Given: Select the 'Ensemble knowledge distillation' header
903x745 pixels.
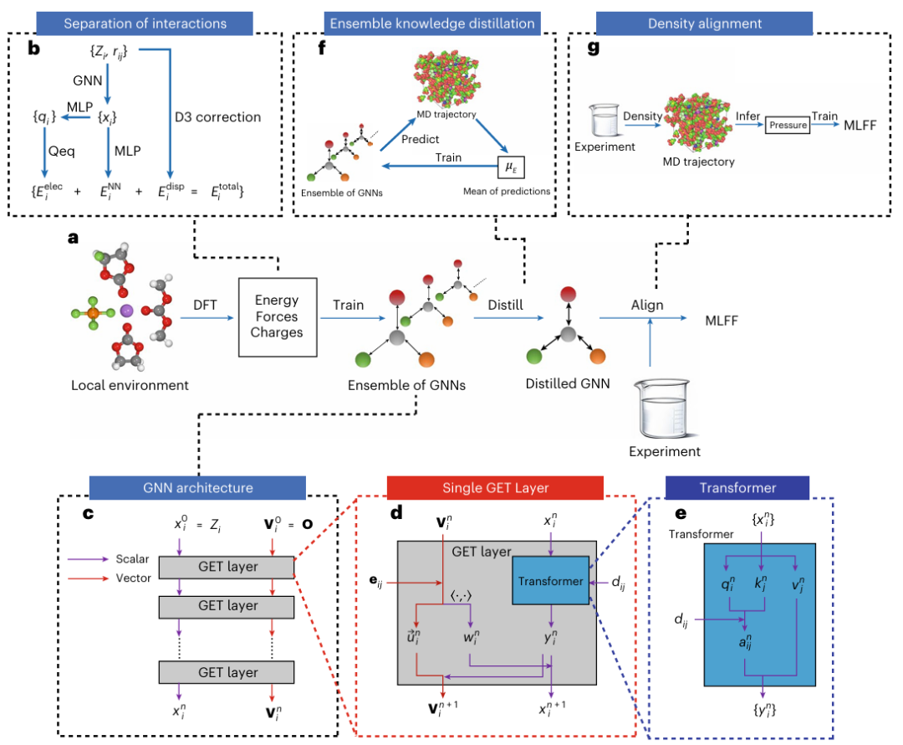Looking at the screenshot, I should (431, 22).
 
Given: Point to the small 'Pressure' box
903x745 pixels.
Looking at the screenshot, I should (787, 125).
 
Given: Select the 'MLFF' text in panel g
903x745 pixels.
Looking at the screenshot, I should (861, 125).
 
